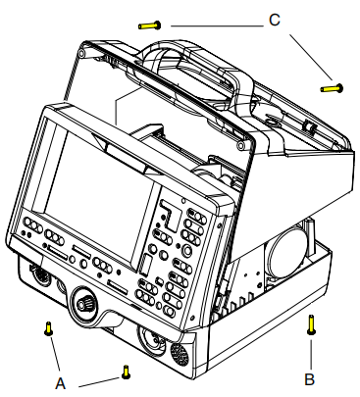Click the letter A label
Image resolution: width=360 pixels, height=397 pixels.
pos(61,383)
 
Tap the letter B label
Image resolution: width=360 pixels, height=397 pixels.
pos(310,374)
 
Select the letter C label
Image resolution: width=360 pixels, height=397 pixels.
pos(275,19)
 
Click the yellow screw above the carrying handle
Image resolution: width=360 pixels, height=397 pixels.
pos(149,24)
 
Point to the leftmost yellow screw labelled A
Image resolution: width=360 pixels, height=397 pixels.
pos(46,329)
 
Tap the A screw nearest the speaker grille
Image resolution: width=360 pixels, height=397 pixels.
pos(125,371)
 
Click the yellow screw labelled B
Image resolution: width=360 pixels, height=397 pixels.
pos(310,323)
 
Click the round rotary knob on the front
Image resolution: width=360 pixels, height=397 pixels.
pos(84,305)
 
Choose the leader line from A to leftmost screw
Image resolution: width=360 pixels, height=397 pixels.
pos(52,355)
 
